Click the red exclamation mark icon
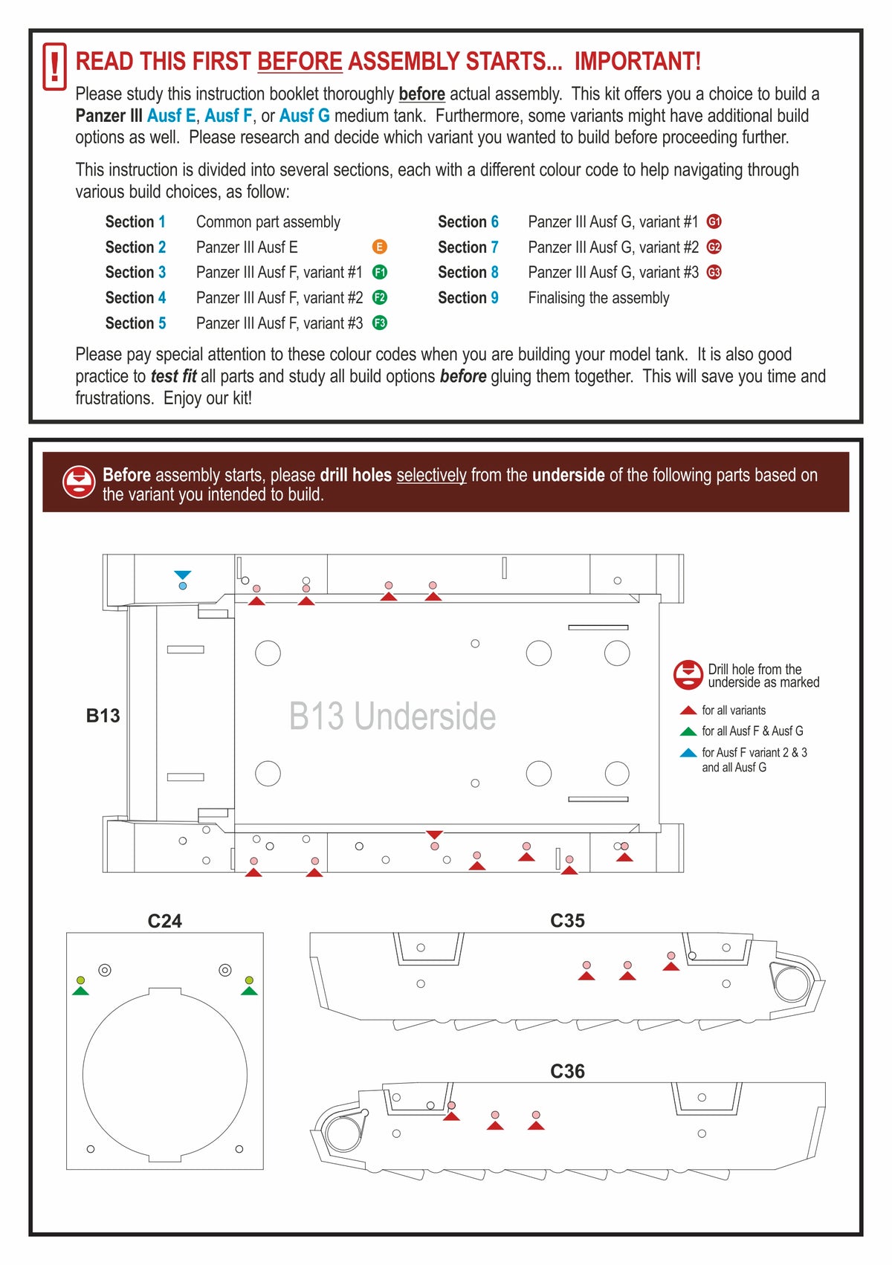coord(54,67)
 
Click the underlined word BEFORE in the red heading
coord(300,61)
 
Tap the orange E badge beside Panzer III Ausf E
coord(379,247)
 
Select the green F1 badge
coord(379,272)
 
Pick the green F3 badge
coord(379,323)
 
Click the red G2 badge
coord(714,247)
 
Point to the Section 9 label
coord(468,297)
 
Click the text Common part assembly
coord(268,221)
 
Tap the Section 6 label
coord(468,221)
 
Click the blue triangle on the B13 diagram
coord(183,575)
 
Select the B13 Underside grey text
coord(392,716)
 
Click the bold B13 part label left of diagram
coord(103,716)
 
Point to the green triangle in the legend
coord(688,731)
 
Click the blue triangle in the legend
coord(688,753)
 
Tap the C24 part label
coord(164,921)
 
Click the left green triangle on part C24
coord(81,991)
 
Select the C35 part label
coord(567,921)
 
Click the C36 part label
coord(567,1071)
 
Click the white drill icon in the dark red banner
coord(78,482)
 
